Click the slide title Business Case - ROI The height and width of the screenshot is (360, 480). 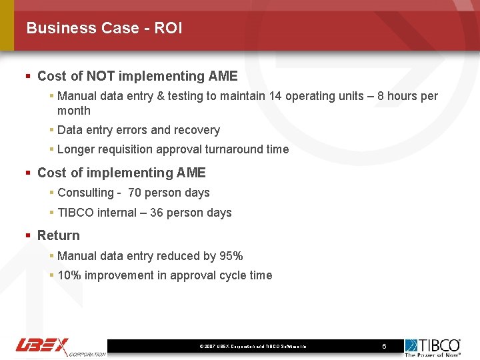104,28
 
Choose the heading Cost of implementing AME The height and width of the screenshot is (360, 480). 121,173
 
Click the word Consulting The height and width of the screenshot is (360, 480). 85,193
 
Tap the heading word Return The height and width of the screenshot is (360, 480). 59,235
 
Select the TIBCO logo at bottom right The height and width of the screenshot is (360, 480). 433,347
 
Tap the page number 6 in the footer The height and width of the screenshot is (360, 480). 384,346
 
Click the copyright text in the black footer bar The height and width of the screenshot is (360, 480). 253,347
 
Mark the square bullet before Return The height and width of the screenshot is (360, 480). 28,235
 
